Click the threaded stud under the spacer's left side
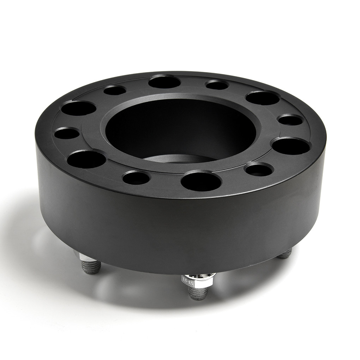click(x=91, y=267)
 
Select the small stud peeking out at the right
click(x=285, y=253)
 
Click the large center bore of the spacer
click(x=180, y=129)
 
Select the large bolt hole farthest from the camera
click(x=164, y=82)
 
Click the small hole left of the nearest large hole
click(x=136, y=178)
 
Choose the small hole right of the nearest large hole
click(x=259, y=170)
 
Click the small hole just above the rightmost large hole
click(x=290, y=120)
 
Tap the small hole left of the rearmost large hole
click(x=115, y=90)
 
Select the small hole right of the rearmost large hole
click(x=217, y=85)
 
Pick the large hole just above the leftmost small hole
click(x=78, y=108)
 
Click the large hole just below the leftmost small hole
click(x=86, y=159)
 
